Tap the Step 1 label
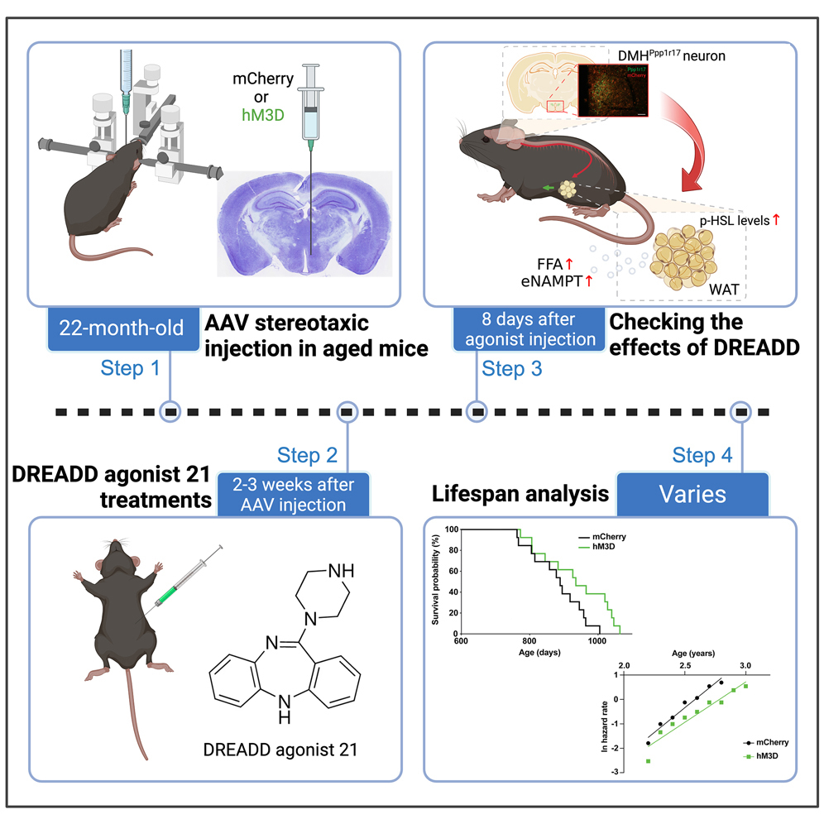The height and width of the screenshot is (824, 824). (x=130, y=368)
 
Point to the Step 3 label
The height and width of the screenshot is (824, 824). (x=511, y=369)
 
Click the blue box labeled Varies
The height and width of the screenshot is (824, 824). (x=692, y=495)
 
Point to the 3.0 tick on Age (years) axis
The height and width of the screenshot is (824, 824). (x=745, y=665)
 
